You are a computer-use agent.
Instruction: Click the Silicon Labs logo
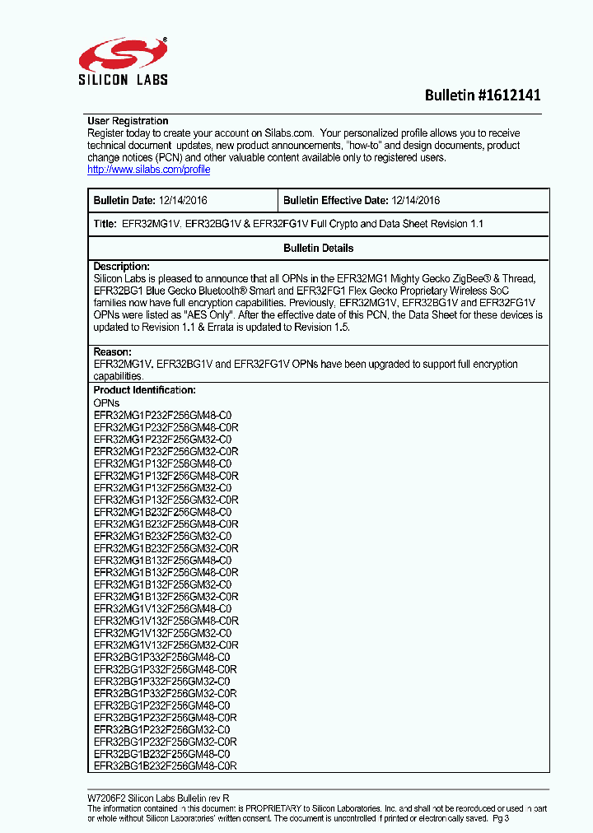(124, 62)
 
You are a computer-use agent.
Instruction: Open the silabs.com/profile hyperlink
(148, 170)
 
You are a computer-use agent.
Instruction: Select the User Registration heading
(128, 121)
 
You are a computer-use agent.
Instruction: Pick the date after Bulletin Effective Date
(416, 200)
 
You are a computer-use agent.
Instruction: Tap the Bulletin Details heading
(318, 248)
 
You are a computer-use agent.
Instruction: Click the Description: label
(121, 267)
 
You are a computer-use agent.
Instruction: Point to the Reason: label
(112, 352)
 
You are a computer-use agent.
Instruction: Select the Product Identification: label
(144, 390)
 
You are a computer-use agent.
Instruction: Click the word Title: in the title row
(105, 224)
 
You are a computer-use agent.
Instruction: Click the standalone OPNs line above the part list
(106, 403)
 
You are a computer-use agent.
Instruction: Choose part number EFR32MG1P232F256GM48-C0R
(166, 427)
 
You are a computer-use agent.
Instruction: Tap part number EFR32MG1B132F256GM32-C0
(162, 584)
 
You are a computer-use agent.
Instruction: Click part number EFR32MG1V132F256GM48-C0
(162, 608)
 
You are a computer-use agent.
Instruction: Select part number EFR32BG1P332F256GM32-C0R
(165, 693)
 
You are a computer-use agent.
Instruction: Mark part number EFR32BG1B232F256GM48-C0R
(165, 766)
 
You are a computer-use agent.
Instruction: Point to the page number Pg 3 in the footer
(502, 819)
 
